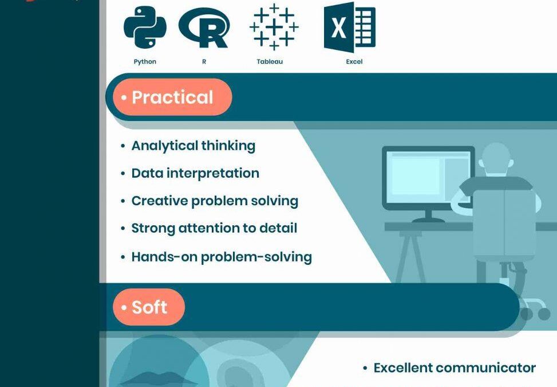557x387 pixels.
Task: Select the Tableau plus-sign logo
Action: [x=274, y=26]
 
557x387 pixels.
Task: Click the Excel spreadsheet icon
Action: [x=349, y=28]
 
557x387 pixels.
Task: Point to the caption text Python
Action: [x=145, y=61]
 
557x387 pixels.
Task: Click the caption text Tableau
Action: [x=270, y=61]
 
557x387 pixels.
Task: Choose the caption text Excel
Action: [x=354, y=61]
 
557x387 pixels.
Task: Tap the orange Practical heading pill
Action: [x=172, y=97]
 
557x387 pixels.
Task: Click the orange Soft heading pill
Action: [x=149, y=307]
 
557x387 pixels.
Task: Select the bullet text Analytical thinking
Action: [x=193, y=146]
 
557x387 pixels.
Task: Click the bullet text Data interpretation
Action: [x=195, y=173]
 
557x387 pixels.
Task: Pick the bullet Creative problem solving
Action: [x=215, y=201]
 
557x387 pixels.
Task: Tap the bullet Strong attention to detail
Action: [x=214, y=228]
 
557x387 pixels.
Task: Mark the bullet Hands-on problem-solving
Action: [x=222, y=256]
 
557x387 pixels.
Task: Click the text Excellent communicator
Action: [x=455, y=368]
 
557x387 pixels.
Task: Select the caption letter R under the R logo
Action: [x=204, y=61]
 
